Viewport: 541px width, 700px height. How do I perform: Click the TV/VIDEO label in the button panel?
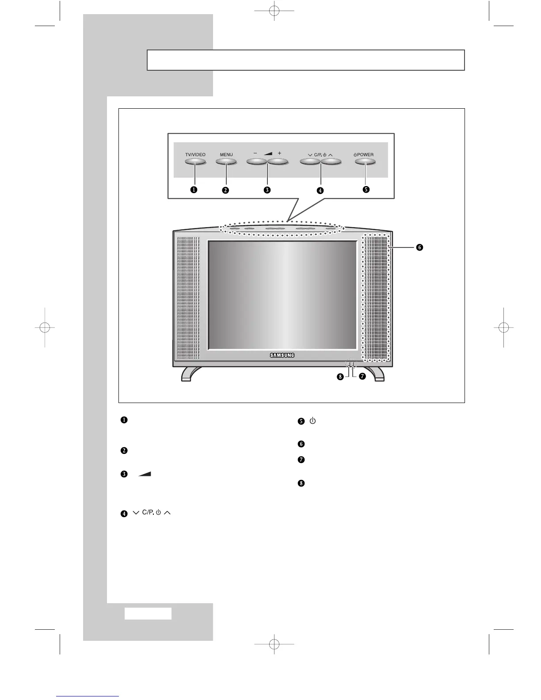pos(195,155)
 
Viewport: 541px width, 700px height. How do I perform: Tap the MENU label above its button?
pos(226,155)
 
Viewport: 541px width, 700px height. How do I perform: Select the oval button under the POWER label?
pos(365,162)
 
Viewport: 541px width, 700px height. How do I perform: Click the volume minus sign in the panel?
pos(255,153)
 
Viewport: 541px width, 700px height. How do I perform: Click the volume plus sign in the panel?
pos(279,153)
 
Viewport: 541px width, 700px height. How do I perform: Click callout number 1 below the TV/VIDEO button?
pos(194,190)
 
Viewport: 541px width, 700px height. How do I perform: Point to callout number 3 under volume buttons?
pos(267,190)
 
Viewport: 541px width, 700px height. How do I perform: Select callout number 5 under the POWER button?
pos(366,190)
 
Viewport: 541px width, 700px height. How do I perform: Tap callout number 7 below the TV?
pos(362,377)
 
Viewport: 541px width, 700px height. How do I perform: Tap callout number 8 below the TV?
pos(340,377)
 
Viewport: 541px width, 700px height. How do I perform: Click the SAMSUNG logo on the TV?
pos(282,355)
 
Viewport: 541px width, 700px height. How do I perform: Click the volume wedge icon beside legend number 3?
pos(145,474)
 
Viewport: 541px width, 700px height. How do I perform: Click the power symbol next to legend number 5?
pos(312,421)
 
